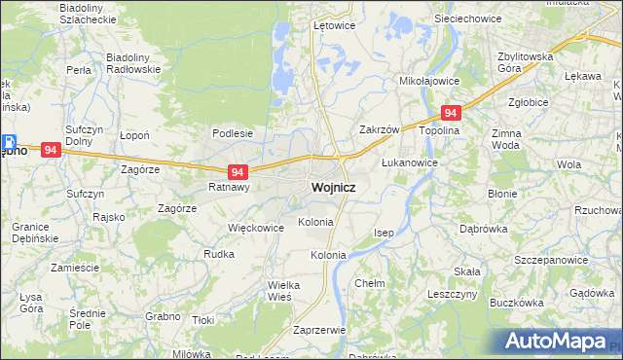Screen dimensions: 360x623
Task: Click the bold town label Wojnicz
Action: [x=332, y=187]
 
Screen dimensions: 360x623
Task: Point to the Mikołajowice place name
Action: [x=429, y=82]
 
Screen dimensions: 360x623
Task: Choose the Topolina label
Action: [x=438, y=129]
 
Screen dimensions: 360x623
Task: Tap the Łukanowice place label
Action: [x=409, y=162]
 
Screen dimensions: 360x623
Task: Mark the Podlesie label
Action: [x=233, y=133]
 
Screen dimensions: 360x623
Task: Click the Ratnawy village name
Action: [x=230, y=187]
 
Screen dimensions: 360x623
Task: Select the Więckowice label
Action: [x=255, y=228]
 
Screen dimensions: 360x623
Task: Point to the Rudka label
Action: [x=219, y=254]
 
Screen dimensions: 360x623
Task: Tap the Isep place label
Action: [x=385, y=234]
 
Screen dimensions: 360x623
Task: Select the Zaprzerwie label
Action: [x=319, y=330]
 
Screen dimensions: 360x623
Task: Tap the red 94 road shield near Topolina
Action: [x=450, y=113]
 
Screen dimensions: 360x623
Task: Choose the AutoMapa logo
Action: [x=556, y=342]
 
